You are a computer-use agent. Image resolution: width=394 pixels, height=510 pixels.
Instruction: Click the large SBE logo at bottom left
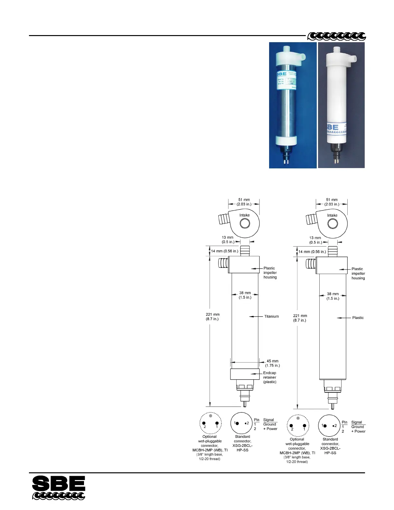tap(59, 487)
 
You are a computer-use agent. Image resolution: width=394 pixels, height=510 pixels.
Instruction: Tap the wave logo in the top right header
tap(336, 36)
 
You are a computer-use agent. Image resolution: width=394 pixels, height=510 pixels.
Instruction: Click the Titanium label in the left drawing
tap(271, 316)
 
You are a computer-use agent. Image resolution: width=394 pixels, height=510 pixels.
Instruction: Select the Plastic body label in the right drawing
tap(358, 318)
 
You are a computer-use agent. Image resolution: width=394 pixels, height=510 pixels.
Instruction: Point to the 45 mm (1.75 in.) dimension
tap(272, 363)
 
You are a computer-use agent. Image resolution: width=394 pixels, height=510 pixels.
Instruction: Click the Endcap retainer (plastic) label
tap(270, 377)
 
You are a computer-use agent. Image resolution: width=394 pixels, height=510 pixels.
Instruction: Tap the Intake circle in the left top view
tap(244, 223)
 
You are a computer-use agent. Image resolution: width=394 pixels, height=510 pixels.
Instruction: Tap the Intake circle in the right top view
tap(332, 223)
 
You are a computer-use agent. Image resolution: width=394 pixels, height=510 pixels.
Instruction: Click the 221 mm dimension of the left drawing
tap(212, 317)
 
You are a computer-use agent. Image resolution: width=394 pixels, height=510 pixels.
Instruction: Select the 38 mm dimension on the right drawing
tap(333, 296)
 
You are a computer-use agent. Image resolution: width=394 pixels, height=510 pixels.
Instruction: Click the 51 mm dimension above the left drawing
tap(244, 202)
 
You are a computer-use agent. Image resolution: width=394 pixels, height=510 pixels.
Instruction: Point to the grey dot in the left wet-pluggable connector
tap(211, 416)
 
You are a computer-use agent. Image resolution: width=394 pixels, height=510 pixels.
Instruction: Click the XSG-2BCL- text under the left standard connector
tap(242, 446)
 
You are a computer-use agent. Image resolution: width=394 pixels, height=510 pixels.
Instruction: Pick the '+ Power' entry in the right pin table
tap(358, 431)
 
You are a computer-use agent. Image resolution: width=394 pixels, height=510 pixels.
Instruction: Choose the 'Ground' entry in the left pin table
tap(269, 424)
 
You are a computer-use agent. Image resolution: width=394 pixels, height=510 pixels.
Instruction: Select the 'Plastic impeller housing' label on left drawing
tap(270, 273)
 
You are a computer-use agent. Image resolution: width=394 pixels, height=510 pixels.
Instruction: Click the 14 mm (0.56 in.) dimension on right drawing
tap(312, 252)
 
